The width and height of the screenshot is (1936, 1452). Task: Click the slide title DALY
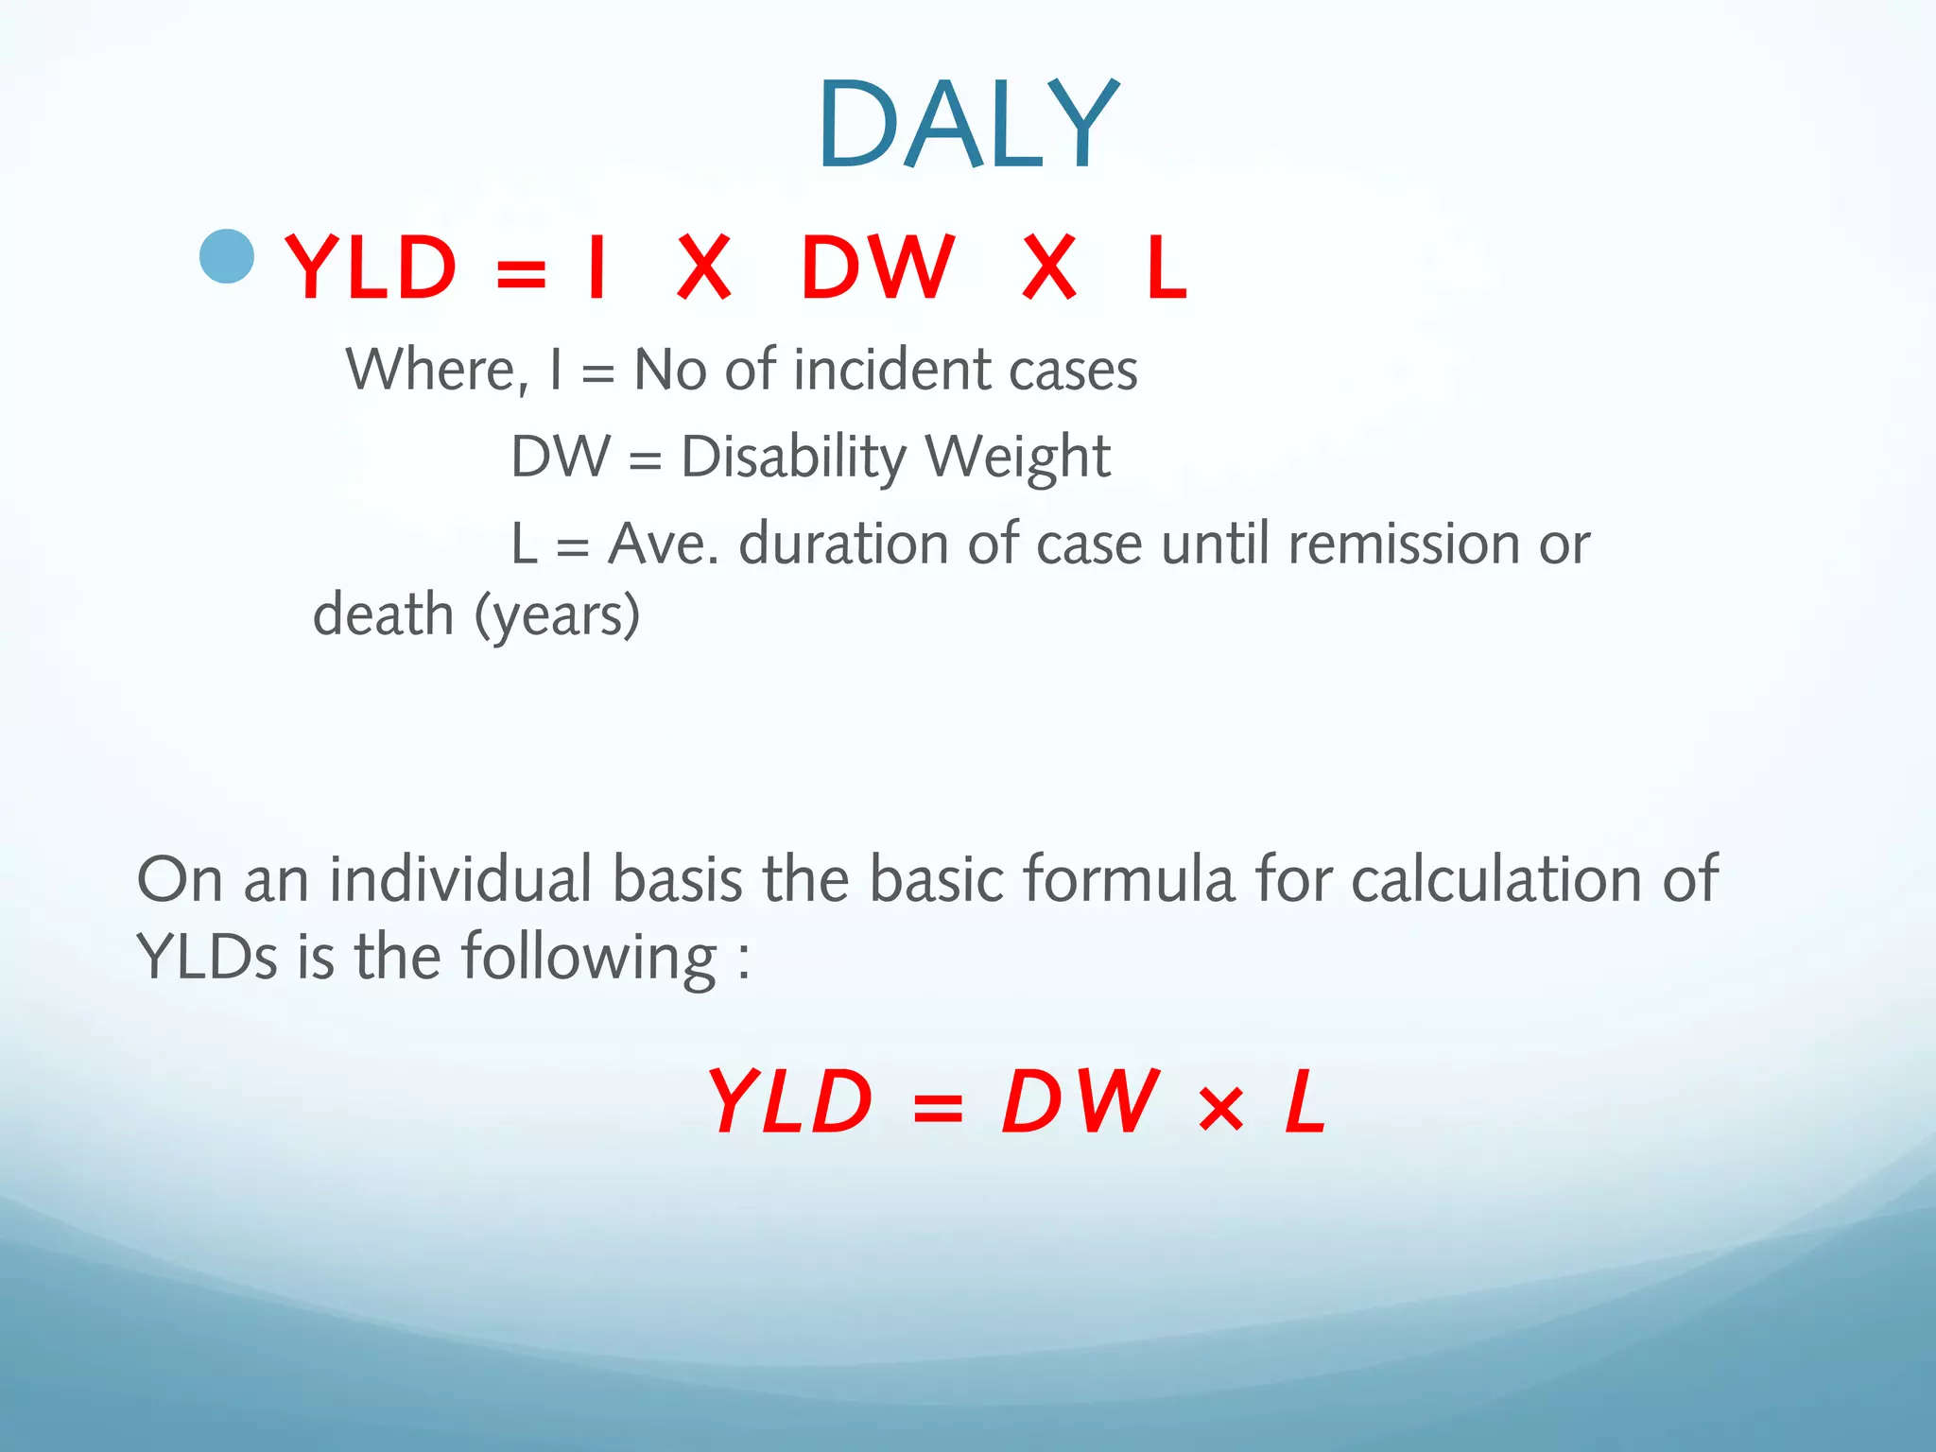(x=968, y=125)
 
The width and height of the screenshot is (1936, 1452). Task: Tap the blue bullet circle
(x=228, y=256)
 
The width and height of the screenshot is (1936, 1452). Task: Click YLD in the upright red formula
(x=371, y=268)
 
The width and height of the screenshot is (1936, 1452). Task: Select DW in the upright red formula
(x=877, y=268)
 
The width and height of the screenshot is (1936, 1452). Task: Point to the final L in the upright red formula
(x=1166, y=268)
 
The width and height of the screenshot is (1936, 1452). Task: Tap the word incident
(x=893, y=370)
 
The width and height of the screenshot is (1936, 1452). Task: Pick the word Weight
(x=1017, y=458)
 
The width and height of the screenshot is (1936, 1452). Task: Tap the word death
(x=384, y=614)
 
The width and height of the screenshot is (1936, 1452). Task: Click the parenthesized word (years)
(x=557, y=616)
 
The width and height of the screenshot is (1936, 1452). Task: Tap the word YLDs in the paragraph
(x=207, y=957)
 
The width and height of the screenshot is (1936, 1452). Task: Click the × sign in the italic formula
(x=1220, y=1108)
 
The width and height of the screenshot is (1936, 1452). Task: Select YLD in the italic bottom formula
(x=790, y=1101)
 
